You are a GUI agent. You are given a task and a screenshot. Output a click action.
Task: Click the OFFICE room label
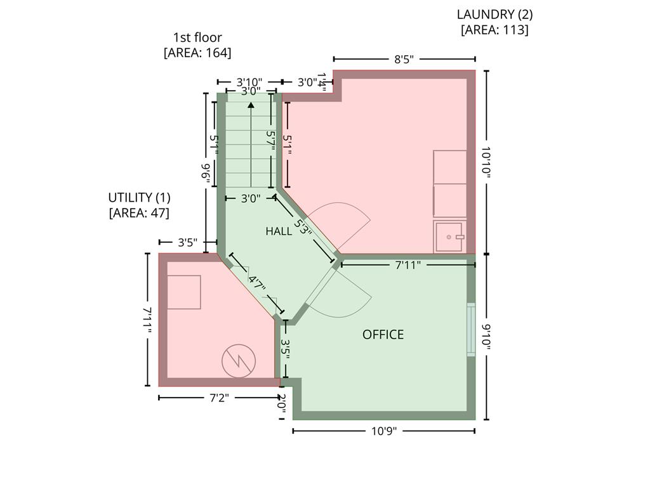click(383, 335)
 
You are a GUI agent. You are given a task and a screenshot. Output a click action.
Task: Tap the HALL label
click(279, 231)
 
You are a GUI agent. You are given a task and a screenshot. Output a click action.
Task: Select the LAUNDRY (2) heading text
click(494, 15)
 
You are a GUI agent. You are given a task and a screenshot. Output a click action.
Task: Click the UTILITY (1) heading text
click(139, 198)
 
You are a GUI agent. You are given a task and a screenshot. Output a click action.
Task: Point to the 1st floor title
click(197, 37)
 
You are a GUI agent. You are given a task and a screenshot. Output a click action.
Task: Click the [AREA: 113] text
click(494, 30)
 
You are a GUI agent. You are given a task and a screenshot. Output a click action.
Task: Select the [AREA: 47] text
click(139, 213)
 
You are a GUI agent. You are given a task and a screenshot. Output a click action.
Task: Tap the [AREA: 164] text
click(197, 53)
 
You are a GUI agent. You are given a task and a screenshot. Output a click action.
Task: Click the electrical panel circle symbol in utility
click(239, 361)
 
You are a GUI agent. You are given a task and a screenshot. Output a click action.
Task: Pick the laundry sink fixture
click(450, 237)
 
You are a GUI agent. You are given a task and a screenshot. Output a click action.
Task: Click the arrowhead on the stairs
click(251, 105)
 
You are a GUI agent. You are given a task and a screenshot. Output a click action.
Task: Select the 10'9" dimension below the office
click(384, 431)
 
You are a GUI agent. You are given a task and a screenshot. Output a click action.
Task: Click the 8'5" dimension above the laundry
click(404, 59)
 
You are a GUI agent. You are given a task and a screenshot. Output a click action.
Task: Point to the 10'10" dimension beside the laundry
click(486, 162)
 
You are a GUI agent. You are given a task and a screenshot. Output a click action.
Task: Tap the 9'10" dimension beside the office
click(486, 337)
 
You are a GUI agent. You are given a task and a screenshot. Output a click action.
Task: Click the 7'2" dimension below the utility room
click(219, 398)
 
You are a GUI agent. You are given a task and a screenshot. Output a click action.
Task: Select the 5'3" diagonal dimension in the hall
click(303, 226)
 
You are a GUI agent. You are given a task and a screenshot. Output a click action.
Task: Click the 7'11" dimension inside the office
click(408, 264)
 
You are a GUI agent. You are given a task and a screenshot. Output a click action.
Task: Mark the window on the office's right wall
click(471, 330)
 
